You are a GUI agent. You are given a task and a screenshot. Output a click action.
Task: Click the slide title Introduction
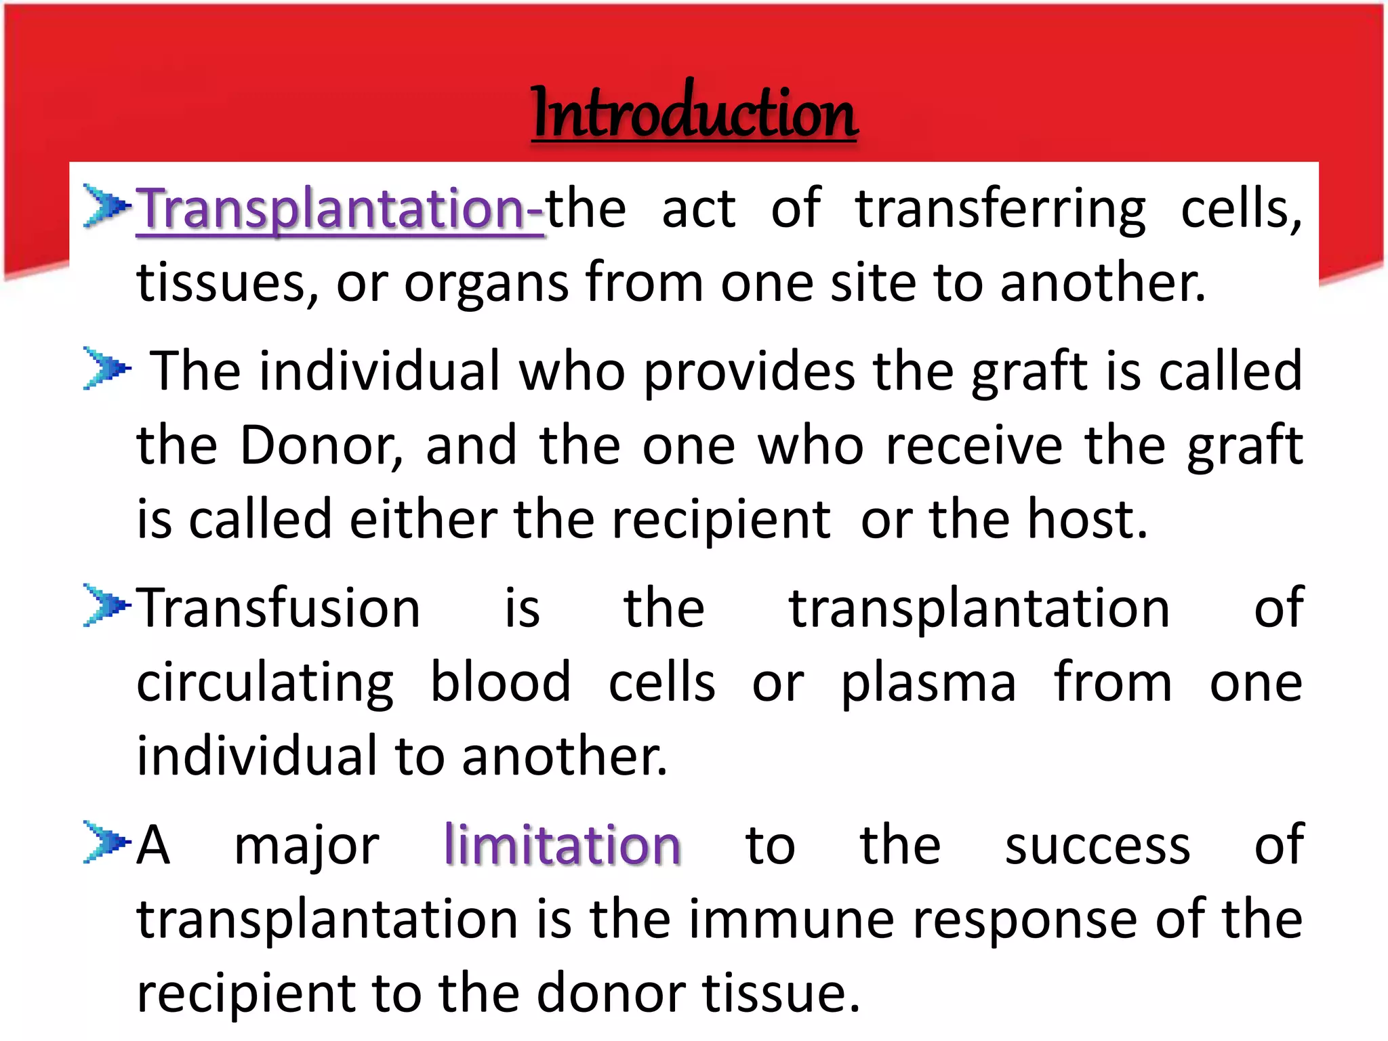(x=694, y=112)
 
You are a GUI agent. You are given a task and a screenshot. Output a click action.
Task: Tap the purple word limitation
(x=563, y=845)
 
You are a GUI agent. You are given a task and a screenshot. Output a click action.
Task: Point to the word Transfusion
(x=279, y=608)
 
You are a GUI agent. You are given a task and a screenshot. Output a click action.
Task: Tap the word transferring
(x=1000, y=209)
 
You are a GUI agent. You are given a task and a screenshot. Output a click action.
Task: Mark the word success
(x=1097, y=846)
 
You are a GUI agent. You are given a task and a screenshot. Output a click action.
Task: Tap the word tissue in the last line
(x=780, y=994)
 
